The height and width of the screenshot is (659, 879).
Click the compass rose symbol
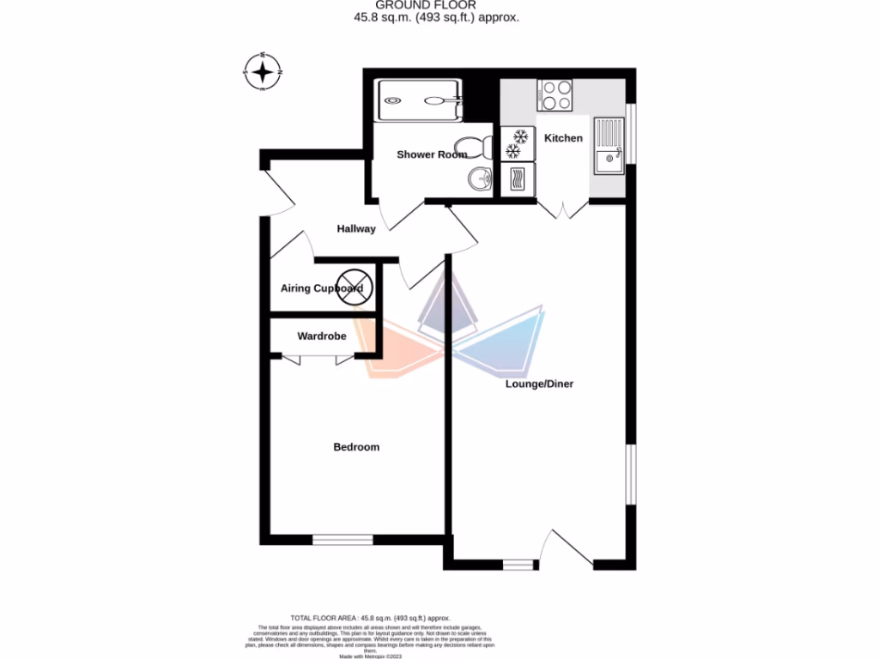point(264,71)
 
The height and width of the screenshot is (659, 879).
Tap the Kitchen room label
point(563,138)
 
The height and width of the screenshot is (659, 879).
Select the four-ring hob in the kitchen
point(555,95)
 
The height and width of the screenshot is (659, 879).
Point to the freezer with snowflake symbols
point(518,143)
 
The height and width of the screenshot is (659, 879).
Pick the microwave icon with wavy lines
point(518,178)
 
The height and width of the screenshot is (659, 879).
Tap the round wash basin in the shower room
point(480,179)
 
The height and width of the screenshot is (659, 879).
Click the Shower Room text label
point(431,154)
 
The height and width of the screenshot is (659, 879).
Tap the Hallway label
point(356,229)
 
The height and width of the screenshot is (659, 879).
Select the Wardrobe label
point(322,336)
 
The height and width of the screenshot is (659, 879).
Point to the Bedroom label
point(356,447)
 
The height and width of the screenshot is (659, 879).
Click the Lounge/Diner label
point(538,384)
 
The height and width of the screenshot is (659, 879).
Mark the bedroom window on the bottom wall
point(343,539)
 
